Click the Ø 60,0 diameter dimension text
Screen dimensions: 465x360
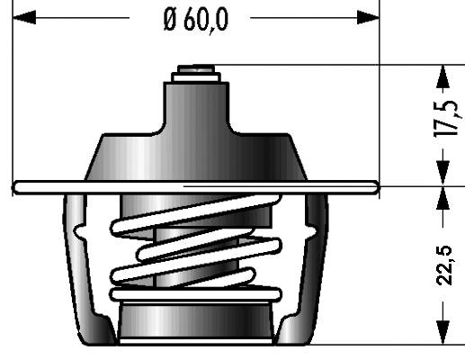point(196,20)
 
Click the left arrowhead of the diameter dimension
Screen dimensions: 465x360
point(24,17)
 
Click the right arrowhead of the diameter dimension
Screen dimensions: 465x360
point(368,17)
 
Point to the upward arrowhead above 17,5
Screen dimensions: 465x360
point(443,76)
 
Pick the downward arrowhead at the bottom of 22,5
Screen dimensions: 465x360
point(443,332)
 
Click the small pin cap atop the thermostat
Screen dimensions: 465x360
point(196,68)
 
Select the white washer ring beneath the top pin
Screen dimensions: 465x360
point(196,77)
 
